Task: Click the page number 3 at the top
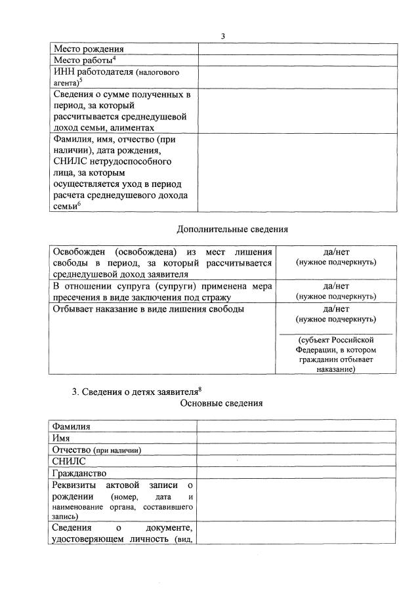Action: [222, 35]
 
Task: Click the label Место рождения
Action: [89, 49]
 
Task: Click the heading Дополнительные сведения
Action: [232, 230]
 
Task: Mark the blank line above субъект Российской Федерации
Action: [336, 334]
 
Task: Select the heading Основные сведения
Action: [221, 403]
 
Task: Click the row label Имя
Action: [62, 437]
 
